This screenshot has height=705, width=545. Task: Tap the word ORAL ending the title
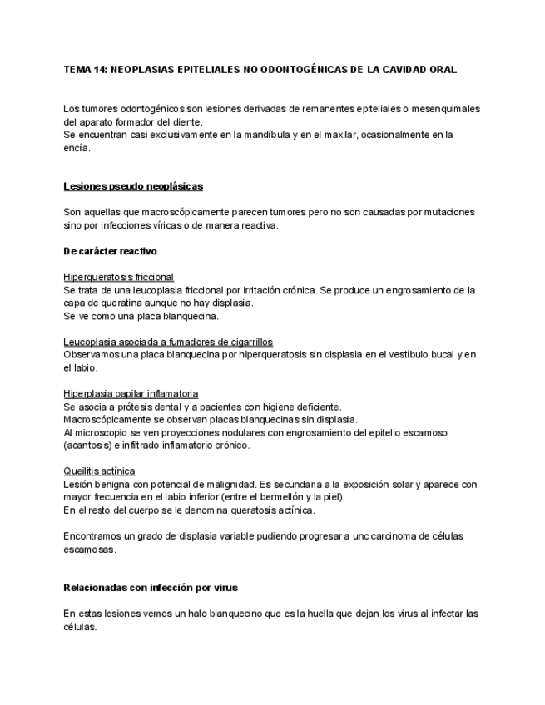(x=440, y=70)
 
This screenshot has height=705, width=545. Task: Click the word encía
(x=77, y=150)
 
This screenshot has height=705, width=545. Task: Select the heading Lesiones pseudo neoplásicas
(x=133, y=186)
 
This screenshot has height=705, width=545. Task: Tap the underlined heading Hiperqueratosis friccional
(x=118, y=277)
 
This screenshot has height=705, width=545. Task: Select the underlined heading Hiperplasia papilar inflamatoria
(x=131, y=393)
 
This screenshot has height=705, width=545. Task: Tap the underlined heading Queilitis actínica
(x=99, y=471)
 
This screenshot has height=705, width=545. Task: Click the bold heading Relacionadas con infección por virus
(x=151, y=588)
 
